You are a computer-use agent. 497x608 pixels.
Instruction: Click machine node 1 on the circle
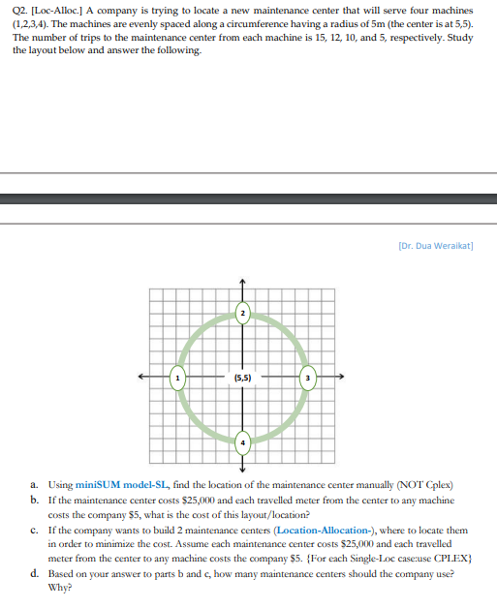tap(177, 377)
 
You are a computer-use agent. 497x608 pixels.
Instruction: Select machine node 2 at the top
tap(243, 312)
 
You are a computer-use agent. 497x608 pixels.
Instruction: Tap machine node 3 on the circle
tap(308, 377)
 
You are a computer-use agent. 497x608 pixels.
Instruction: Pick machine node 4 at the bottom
tap(243, 441)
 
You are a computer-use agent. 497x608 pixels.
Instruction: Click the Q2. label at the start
tap(21, 8)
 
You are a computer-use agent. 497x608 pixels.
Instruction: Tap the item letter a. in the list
tap(34, 483)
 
